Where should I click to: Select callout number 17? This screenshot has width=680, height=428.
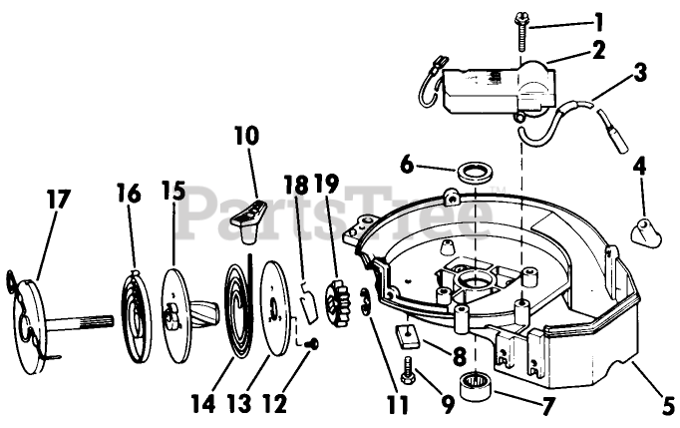pos(57,199)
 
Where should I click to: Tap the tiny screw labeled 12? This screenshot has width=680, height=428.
pos(312,344)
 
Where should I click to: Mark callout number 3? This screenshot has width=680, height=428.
pos(639,73)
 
